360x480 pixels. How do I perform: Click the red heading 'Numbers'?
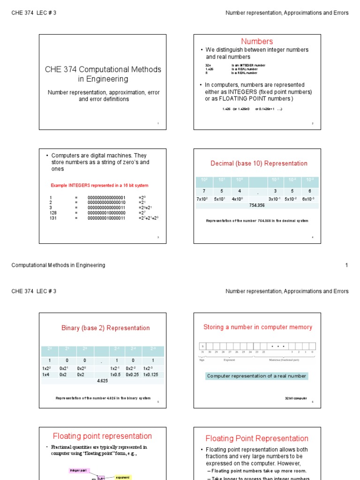[257, 41]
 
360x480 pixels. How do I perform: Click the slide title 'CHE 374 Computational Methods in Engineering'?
[103, 74]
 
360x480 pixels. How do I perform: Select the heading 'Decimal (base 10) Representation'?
[259, 163]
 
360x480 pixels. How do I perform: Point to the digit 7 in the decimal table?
[204, 191]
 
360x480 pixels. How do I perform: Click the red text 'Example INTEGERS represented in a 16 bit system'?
[99, 186]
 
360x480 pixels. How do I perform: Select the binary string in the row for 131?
[106, 218]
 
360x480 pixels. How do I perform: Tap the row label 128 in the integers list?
[53, 213]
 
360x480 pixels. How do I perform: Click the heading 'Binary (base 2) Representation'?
[105, 328]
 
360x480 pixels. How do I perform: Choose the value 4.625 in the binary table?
[103, 381]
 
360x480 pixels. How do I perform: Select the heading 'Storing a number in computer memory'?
[257, 327]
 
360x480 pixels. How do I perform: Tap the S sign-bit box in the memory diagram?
[202, 346]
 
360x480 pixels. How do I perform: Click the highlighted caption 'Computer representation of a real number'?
[256, 376]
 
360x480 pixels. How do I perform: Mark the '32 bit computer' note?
[296, 398]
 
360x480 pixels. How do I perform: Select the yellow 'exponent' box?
[122, 477]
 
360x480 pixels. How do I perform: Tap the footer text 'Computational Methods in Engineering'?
[58, 265]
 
